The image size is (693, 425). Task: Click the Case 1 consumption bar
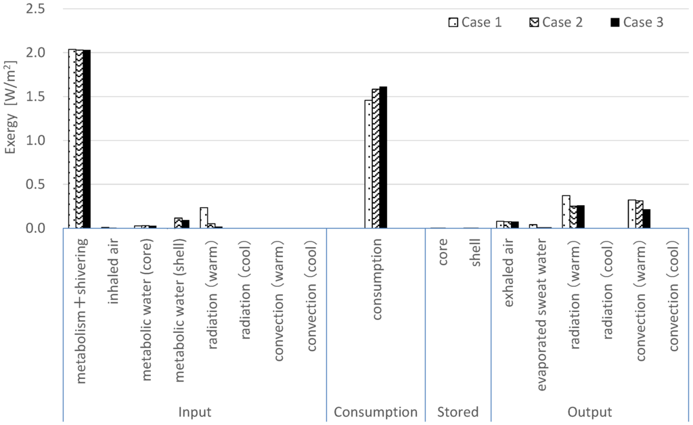click(x=368, y=164)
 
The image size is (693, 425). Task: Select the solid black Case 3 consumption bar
click(x=383, y=158)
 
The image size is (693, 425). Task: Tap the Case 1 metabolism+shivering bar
click(x=72, y=139)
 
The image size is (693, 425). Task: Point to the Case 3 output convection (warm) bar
click(x=646, y=219)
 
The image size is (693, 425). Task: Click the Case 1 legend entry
click(x=475, y=22)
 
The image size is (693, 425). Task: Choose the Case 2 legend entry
click(x=556, y=22)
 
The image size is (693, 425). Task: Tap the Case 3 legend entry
click(x=636, y=22)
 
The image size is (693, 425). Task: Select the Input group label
click(x=194, y=412)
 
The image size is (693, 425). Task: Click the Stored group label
click(x=458, y=412)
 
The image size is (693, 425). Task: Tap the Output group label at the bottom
click(x=590, y=412)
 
